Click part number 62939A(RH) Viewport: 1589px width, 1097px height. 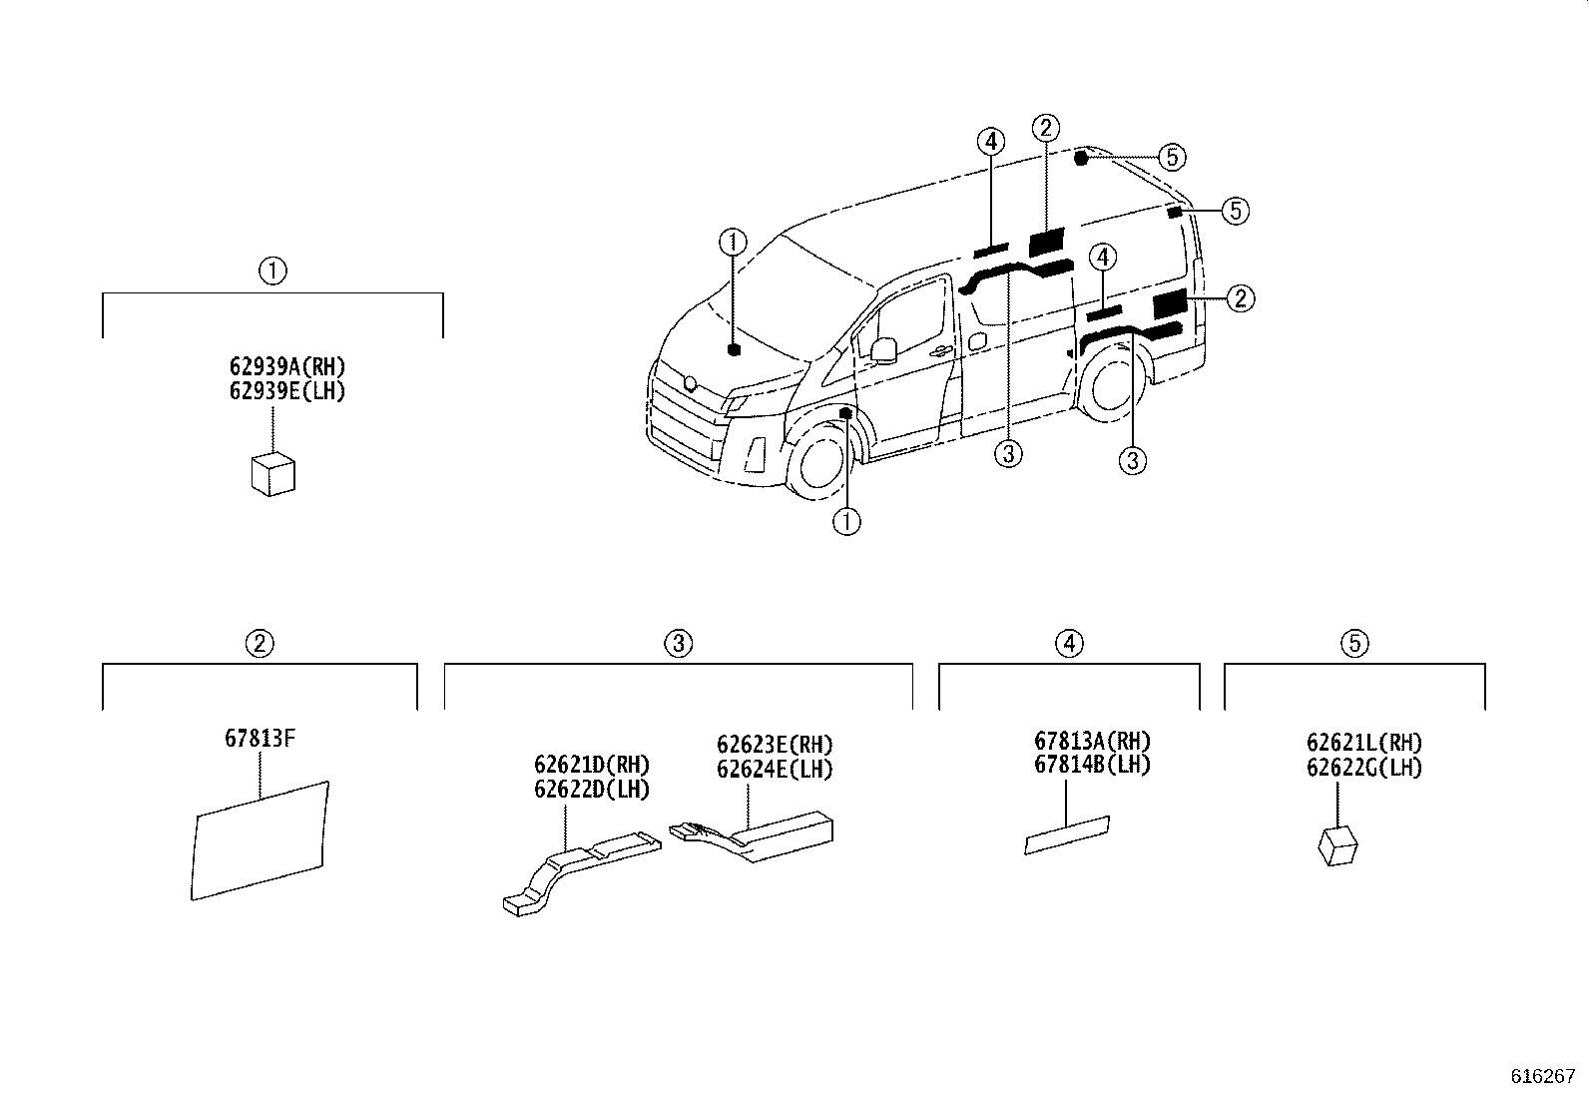(287, 367)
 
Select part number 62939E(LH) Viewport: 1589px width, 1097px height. (287, 391)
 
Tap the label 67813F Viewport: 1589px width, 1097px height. (259, 739)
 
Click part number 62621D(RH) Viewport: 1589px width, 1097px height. (592, 766)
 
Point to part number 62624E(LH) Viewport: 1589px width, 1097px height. (775, 770)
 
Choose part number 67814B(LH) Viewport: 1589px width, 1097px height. (1092, 766)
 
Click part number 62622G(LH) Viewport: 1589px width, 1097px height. (1364, 768)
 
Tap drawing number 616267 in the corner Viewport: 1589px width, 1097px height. (1542, 1077)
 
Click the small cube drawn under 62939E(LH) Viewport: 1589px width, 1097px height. (272, 473)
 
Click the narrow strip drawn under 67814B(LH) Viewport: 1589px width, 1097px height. (1067, 834)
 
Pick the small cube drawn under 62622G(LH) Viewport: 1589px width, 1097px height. (1337, 845)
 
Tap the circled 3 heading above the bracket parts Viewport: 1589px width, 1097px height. (678, 643)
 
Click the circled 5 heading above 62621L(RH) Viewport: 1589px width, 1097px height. (1354, 643)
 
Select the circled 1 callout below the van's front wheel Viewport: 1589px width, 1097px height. (846, 521)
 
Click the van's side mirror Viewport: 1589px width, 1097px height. (883, 349)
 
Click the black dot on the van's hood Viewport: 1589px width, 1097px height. (734, 349)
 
